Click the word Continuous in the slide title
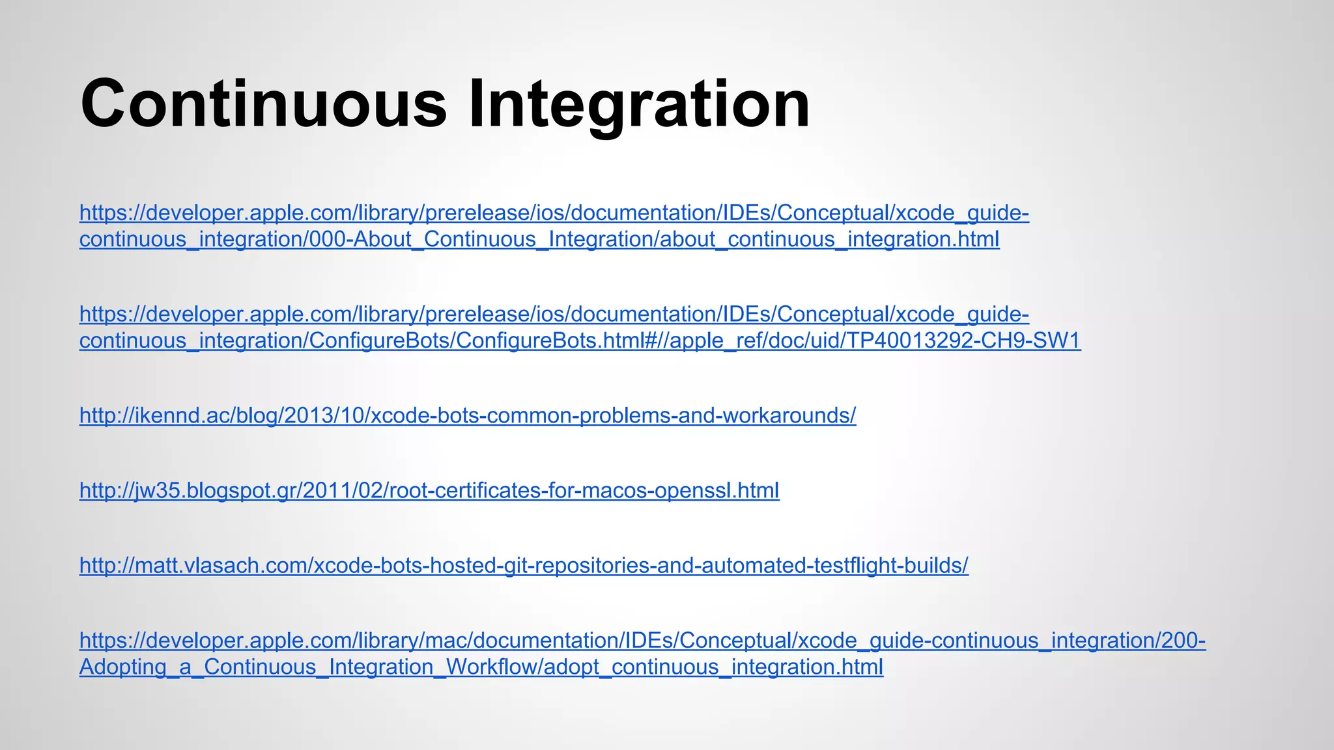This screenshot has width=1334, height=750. (x=263, y=104)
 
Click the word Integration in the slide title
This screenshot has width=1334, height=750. (x=639, y=104)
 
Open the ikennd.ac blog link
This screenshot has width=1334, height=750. (x=467, y=415)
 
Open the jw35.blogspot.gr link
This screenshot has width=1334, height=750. (x=429, y=490)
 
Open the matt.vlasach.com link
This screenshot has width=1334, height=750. (x=523, y=565)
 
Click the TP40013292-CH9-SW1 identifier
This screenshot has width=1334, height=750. (x=963, y=340)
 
